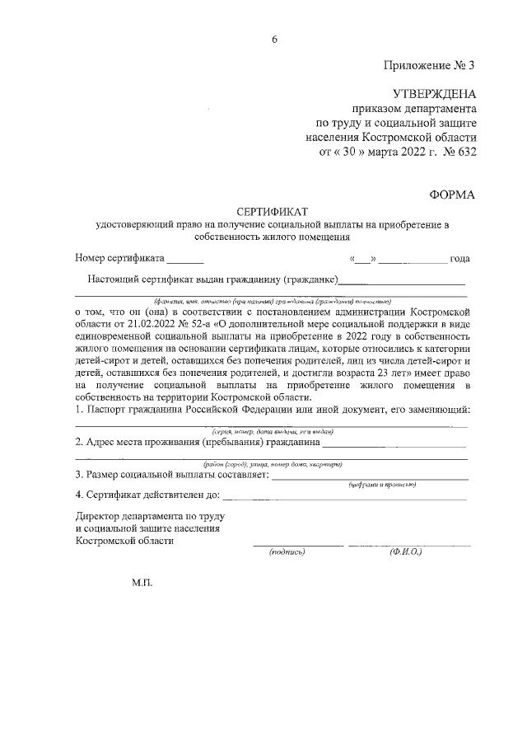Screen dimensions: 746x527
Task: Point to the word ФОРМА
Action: coord(452,194)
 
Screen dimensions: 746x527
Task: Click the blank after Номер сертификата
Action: coord(185,260)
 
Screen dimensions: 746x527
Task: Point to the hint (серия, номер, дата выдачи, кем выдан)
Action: coord(273,432)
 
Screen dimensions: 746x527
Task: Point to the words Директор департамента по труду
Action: coord(149,515)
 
